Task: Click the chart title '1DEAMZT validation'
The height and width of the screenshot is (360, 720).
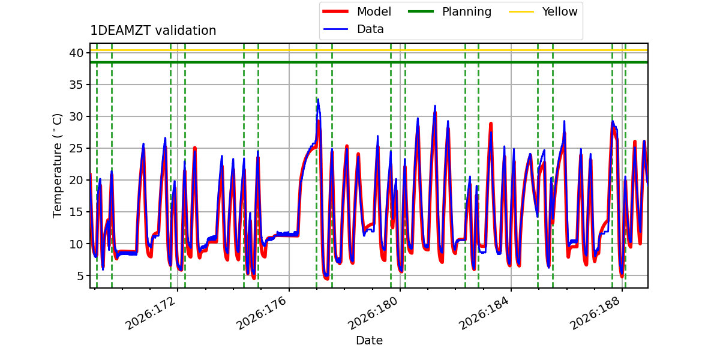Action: coord(153,31)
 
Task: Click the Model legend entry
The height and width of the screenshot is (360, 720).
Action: coord(357,11)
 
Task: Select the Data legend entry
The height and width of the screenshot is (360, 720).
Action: coord(353,29)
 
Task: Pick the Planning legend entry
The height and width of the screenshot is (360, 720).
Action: coord(449,11)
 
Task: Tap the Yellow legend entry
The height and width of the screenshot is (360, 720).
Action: coord(543,11)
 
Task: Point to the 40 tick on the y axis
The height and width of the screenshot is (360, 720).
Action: coord(76,53)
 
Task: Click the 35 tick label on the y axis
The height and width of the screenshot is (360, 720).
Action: coord(76,85)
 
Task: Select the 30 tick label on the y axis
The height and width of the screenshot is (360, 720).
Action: coord(76,116)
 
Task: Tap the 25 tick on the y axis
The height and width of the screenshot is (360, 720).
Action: coord(76,148)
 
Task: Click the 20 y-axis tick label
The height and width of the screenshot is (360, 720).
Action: coord(76,180)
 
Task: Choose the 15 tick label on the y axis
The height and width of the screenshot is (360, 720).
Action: coord(76,212)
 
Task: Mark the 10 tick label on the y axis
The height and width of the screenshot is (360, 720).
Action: coord(76,244)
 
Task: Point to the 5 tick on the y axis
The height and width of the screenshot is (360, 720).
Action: coord(80,275)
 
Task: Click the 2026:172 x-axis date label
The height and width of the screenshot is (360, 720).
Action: coord(151,313)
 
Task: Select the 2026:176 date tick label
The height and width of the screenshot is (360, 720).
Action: coord(262,313)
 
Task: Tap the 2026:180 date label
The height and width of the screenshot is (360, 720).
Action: coord(373,313)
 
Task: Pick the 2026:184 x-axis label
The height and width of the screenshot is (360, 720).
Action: coord(484,313)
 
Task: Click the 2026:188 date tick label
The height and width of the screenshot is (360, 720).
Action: coord(595,313)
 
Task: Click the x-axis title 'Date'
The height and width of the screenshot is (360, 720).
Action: coord(369,340)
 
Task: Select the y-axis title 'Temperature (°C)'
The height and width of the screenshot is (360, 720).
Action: coord(57,166)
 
